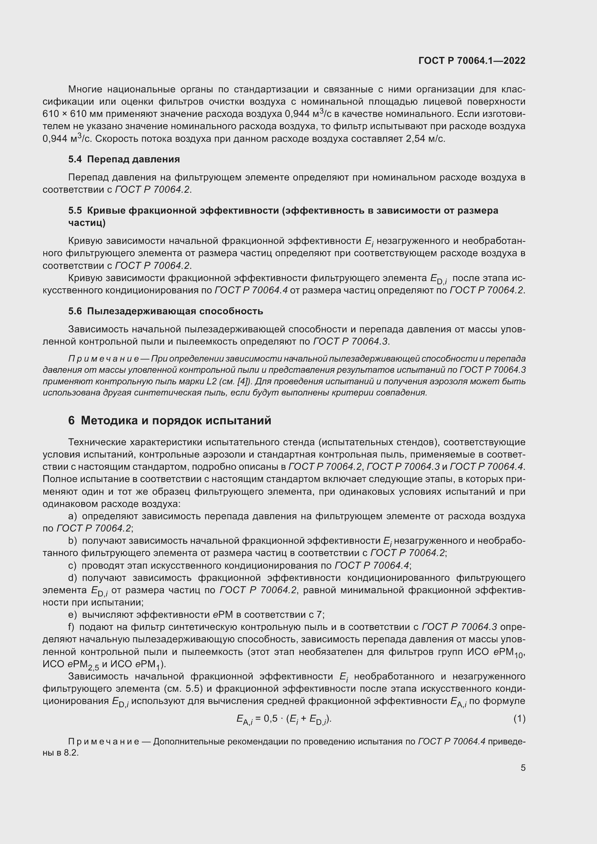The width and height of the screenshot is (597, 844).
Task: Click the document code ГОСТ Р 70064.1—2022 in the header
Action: [472, 61]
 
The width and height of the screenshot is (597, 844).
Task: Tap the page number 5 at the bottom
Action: [523, 768]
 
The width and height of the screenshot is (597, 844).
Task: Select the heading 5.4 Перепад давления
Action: [124, 159]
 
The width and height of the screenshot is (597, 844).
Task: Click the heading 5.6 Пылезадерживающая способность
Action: [165, 311]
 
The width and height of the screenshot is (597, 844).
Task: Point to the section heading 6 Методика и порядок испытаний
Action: [170, 420]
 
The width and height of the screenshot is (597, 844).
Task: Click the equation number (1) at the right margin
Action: [519, 719]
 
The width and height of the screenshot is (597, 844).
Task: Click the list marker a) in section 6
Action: [73, 516]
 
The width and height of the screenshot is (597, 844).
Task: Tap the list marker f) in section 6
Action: [71, 627]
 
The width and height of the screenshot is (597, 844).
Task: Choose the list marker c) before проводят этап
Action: [73, 565]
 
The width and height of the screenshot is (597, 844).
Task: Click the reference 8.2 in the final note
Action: [71, 752]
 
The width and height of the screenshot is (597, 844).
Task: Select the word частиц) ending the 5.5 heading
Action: [87, 223]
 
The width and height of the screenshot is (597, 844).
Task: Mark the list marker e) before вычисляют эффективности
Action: [73, 615]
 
